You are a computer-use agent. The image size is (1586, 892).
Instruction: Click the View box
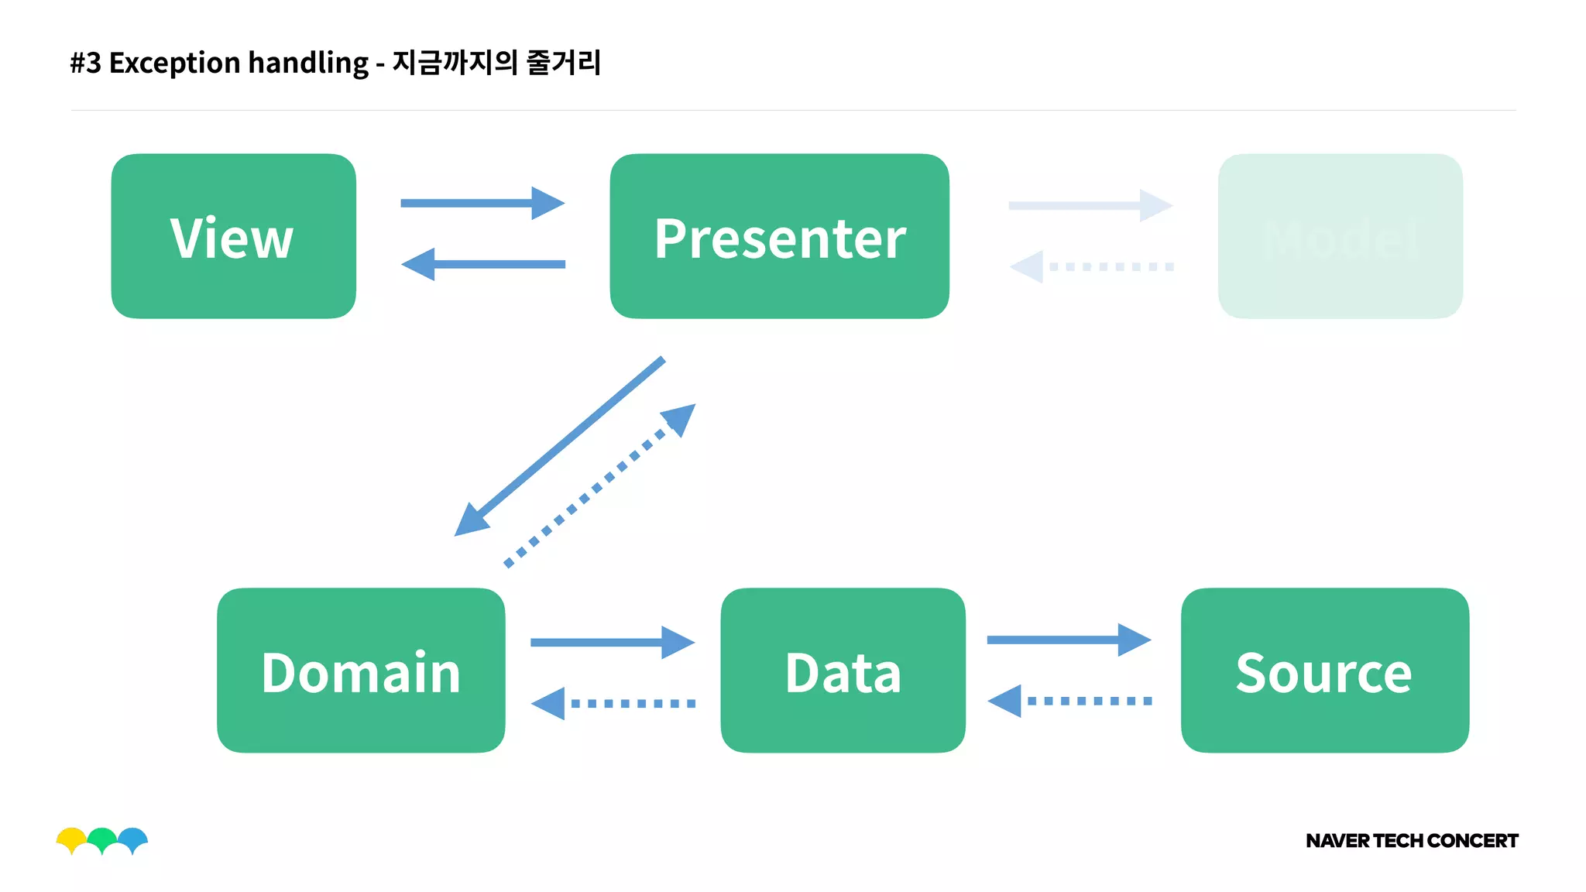coord(233,236)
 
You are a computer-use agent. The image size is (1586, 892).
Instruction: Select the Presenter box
coord(779,236)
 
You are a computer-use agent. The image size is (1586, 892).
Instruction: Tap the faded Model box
coord(1340,236)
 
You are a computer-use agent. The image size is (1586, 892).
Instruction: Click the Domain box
coord(361,671)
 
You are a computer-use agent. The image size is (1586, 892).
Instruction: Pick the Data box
coord(843,671)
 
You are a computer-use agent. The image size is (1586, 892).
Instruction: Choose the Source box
coord(1324,671)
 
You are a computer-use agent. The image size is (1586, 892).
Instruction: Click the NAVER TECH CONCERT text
coord(1411,841)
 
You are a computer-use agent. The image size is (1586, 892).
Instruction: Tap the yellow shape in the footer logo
coord(71,837)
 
